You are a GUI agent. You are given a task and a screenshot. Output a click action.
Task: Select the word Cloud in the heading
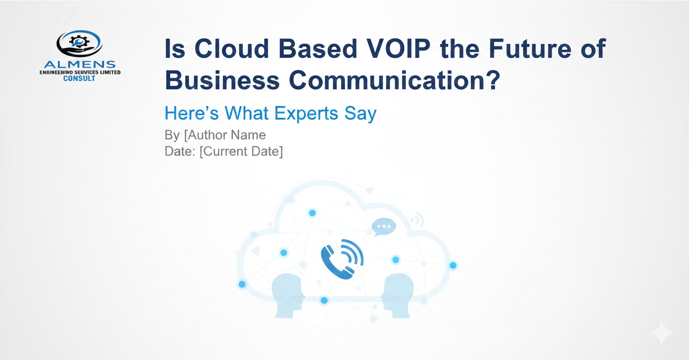pyautogui.click(x=232, y=48)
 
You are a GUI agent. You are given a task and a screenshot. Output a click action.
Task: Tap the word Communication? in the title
pyautogui.click(x=394, y=80)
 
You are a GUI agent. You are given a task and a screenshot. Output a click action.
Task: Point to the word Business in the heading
pyautogui.click(x=222, y=80)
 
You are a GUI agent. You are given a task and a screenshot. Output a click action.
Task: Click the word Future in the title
pyautogui.click(x=530, y=48)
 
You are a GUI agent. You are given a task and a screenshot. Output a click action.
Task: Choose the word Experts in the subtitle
pyautogui.click(x=306, y=113)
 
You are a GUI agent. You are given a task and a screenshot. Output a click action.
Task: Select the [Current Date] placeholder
pyautogui.click(x=241, y=152)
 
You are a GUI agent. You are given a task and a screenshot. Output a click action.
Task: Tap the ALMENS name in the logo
pyautogui.click(x=80, y=65)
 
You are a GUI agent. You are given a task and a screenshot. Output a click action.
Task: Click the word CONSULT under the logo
pyautogui.click(x=79, y=78)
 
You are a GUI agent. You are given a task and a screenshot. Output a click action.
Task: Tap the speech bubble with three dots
pyautogui.click(x=384, y=226)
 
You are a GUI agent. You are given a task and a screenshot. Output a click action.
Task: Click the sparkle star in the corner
pyautogui.click(x=661, y=333)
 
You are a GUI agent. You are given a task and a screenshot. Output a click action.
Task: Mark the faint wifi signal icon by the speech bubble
pyautogui.click(x=417, y=220)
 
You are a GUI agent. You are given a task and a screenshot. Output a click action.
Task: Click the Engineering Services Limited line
pyautogui.click(x=80, y=72)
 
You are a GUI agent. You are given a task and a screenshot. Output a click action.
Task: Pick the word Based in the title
pyautogui.click(x=318, y=48)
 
